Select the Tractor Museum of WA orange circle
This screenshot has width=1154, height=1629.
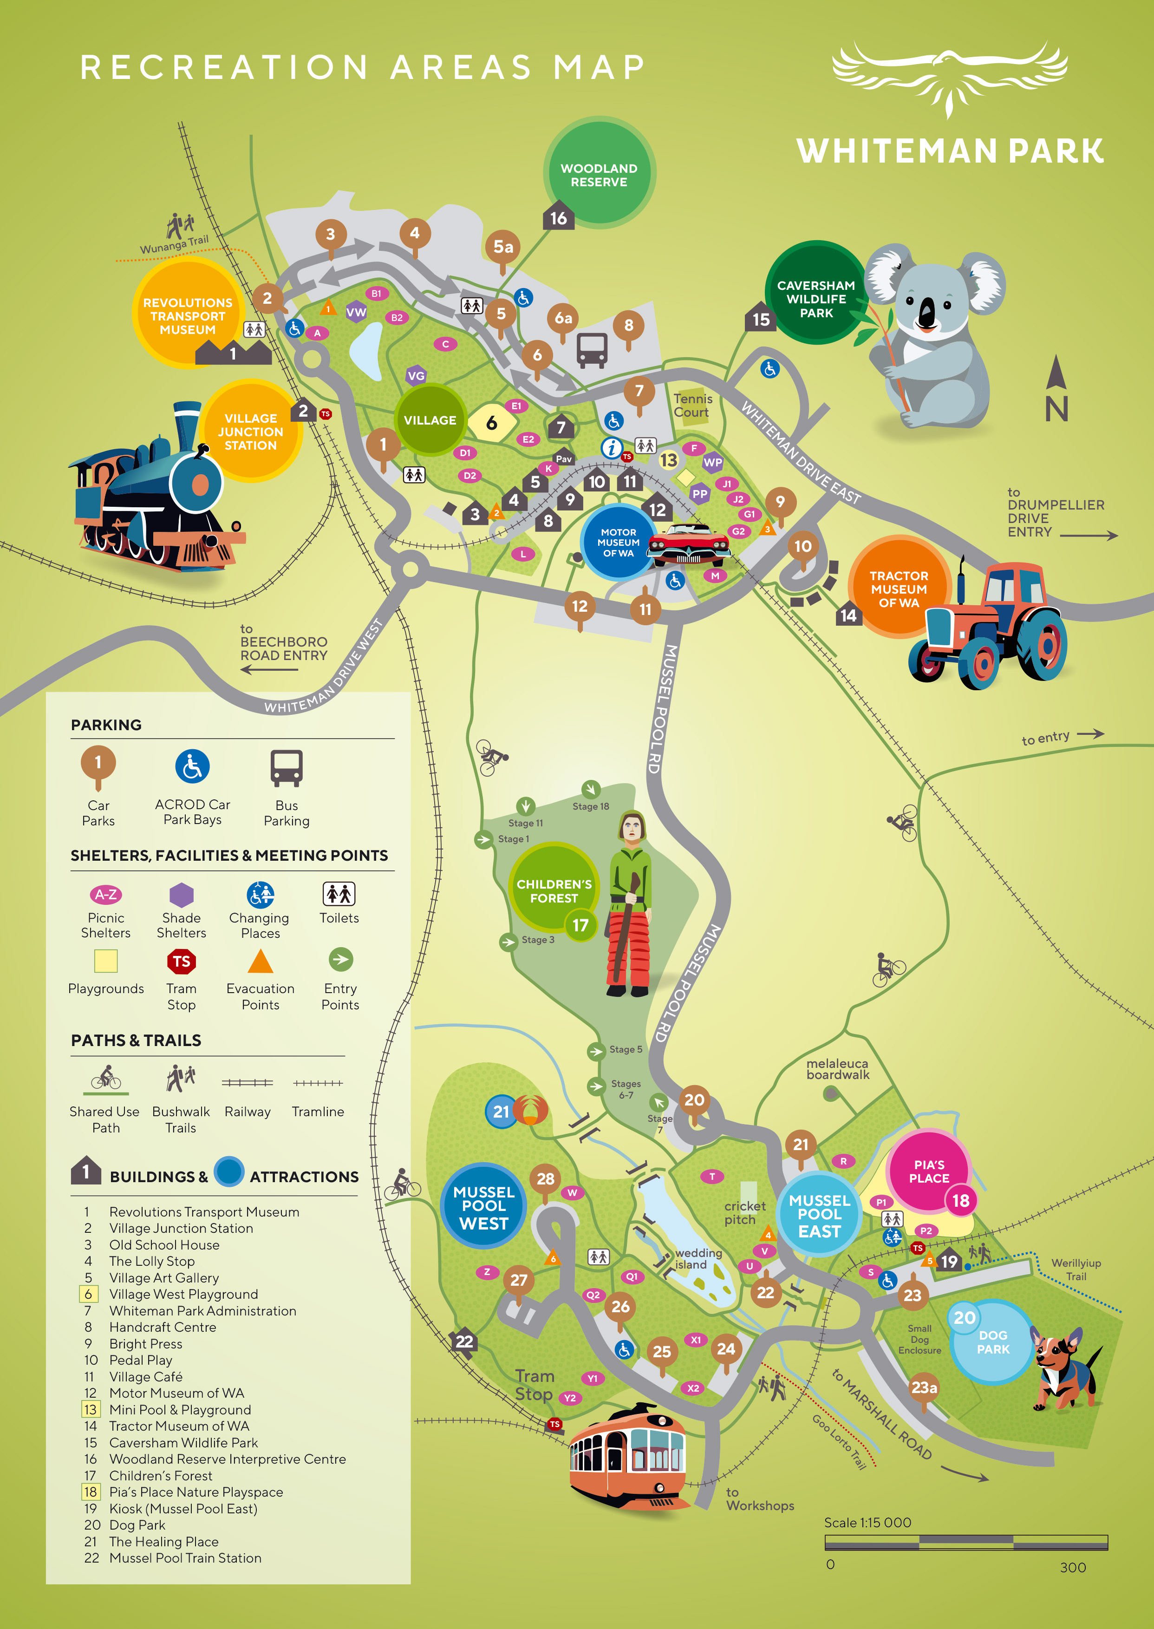pyautogui.click(x=898, y=588)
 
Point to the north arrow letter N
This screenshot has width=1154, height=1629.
pyautogui.click(x=1056, y=409)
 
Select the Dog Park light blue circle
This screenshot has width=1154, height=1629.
pyautogui.click(x=991, y=1342)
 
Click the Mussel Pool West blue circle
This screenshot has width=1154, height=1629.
pyautogui.click(x=484, y=1207)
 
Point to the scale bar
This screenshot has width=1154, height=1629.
pyautogui.click(x=965, y=1542)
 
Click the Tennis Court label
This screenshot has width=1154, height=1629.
pyautogui.click(x=692, y=405)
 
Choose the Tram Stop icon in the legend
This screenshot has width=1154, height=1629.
pyautogui.click(x=181, y=962)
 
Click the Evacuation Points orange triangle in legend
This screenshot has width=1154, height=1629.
pyautogui.click(x=260, y=961)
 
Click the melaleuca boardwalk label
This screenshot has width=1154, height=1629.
pyautogui.click(x=837, y=1068)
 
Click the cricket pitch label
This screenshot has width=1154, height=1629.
pyautogui.click(x=744, y=1212)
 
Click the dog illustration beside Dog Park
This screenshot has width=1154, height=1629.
pyautogui.click(x=1064, y=1368)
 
